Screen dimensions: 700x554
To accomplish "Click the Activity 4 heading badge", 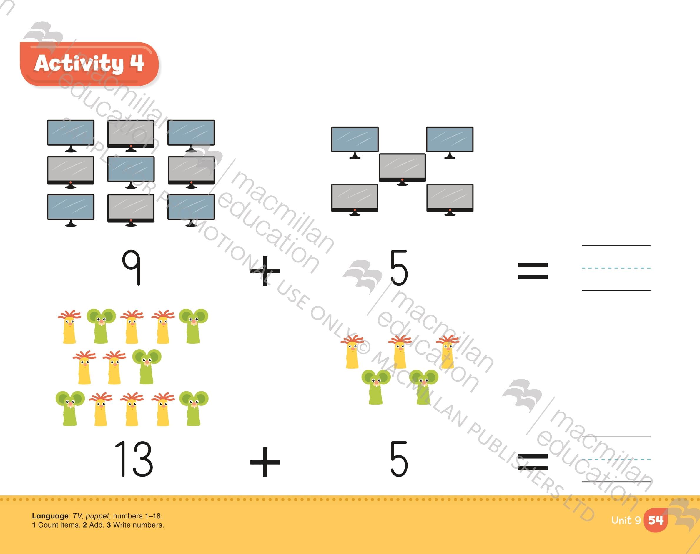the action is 89,64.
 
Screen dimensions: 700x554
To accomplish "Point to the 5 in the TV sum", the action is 399,268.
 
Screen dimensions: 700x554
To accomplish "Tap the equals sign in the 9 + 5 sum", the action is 533,271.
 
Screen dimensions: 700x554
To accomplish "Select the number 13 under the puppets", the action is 134,459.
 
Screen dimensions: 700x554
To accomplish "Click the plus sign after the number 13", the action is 265,462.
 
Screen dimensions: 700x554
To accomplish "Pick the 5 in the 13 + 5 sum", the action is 399,459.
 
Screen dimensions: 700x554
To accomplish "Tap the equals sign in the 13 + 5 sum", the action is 533,462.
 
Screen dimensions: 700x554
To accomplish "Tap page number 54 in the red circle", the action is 655,520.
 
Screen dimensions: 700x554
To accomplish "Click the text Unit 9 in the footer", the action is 626,520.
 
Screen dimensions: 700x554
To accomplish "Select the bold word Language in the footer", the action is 50,516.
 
